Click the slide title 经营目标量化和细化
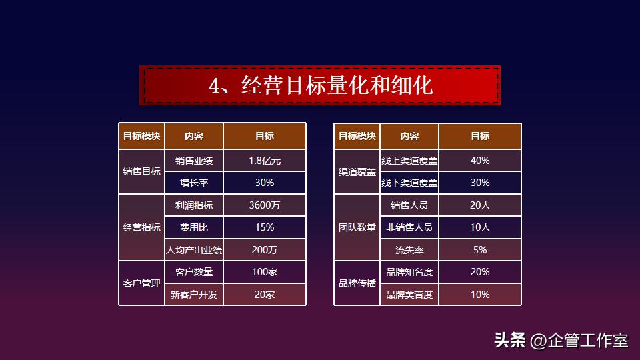tap(321, 85)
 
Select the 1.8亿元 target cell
tap(265, 161)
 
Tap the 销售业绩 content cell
tap(194, 161)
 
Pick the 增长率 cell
tap(194, 183)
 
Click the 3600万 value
tap(265, 205)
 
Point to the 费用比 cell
tap(194, 227)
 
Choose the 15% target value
tap(265, 227)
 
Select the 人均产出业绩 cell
tap(194, 250)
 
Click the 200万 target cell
tap(265, 250)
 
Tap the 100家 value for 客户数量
tap(265, 272)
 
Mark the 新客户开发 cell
tap(194, 295)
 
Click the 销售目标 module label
tap(142, 171)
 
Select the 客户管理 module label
tap(142, 283)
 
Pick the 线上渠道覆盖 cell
tap(409, 161)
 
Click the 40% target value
tap(480, 161)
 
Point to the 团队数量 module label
tap(357, 227)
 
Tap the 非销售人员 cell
tap(409, 227)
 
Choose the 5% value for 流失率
tap(480, 250)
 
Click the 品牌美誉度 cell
tap(409, 295)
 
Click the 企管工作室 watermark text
tap(587, 341)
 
